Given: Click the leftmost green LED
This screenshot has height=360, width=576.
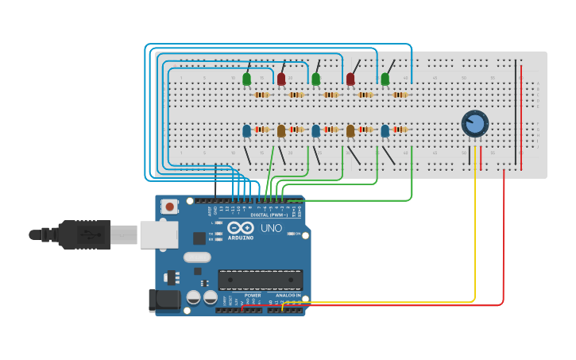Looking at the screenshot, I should (x=246, y=79).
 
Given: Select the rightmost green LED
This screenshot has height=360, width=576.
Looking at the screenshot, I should (x=385, y=79).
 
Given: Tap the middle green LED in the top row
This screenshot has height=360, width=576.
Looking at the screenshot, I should (x=316, y=79).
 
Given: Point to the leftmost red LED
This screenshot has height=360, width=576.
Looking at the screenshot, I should (x=281, y=79).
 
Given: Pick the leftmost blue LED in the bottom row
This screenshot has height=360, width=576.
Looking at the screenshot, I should (x=246, y=130).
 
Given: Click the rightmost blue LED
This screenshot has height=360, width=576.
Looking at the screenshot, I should (x=385, y=130).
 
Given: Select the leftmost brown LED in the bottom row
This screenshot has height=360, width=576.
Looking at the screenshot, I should (x=281, y=130).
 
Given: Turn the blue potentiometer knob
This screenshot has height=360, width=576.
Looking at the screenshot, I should (x=474, y=123).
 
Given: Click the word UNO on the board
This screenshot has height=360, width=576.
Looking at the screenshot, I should (x=272, y=228).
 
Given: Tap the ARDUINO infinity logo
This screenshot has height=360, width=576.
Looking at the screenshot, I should (x=240, y=227).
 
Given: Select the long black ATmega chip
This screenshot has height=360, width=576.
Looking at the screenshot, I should (x=260, y=280).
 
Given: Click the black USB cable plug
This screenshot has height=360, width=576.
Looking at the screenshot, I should (x=83, y=234).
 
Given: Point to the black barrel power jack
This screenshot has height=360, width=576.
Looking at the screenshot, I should (x=165, y=300).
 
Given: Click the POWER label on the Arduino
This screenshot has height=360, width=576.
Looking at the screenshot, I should (x=253, y=295).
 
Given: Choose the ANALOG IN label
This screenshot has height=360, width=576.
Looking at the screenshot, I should (x=288, y=295).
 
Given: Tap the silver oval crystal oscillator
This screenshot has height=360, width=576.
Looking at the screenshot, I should (x=197, y=257).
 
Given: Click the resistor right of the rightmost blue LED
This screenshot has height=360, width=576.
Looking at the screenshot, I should (x=400, y=130).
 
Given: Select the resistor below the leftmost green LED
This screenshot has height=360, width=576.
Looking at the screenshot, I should (x=261, y=95).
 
